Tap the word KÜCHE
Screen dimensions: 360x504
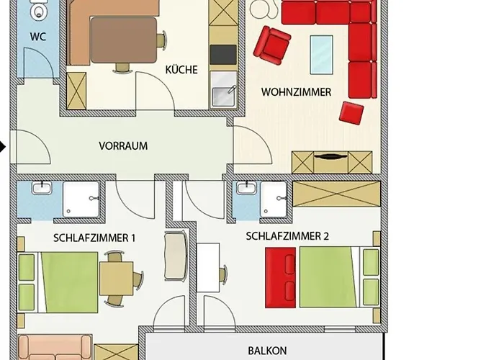pos(181,70)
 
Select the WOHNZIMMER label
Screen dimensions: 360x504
pos(296,92)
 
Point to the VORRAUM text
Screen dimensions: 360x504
pos(123,145)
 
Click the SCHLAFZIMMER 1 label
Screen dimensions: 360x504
pos(94,237)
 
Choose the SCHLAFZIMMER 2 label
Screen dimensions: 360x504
pos(287,235)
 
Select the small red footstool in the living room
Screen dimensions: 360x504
pos(351,112)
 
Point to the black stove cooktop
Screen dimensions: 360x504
pos(223,55)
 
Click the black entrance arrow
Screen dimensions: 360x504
pos(3,148)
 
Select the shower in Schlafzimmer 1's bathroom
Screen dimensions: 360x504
pos(80,199)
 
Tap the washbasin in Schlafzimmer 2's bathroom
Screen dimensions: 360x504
pos(246,190)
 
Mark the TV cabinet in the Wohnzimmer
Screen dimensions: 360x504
pos(332,161)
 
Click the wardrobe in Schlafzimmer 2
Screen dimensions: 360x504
pos(336,194)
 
